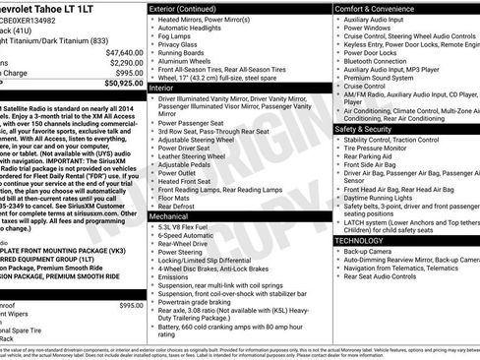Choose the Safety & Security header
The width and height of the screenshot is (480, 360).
coord(369,128)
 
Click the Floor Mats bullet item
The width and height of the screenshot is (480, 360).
coord(175,197)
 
